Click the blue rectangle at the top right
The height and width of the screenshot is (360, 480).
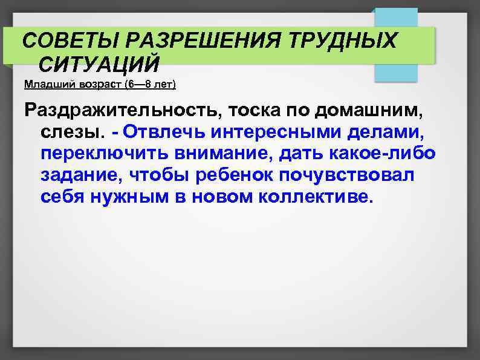pyautogui.click(x=396, y=45)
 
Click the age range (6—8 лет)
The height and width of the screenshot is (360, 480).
pyautogui.click(x=148, y=84)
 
